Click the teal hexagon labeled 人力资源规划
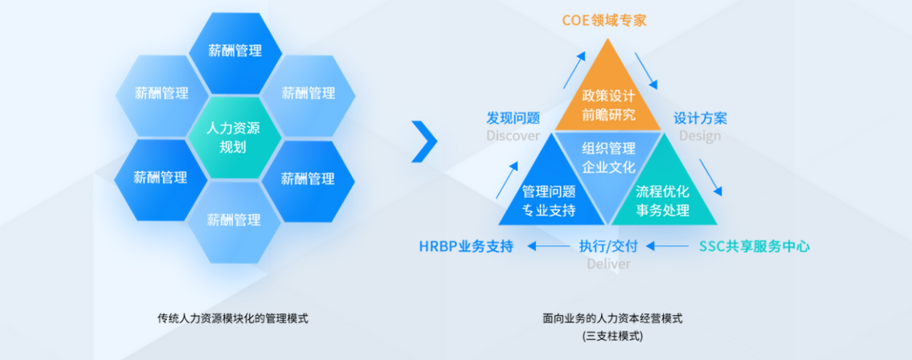(234, 137)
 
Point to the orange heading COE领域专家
(604, 20)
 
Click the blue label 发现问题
(513, 118)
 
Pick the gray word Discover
(513, 136)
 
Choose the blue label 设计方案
(701, 118)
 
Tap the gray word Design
(701, 136)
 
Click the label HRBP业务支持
(467, 247)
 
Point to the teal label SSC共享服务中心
(754, 247)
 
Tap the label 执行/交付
(608, 247)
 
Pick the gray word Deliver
(608, 264)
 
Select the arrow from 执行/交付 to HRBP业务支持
(549, 247)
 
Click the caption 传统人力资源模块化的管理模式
(233, 318)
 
